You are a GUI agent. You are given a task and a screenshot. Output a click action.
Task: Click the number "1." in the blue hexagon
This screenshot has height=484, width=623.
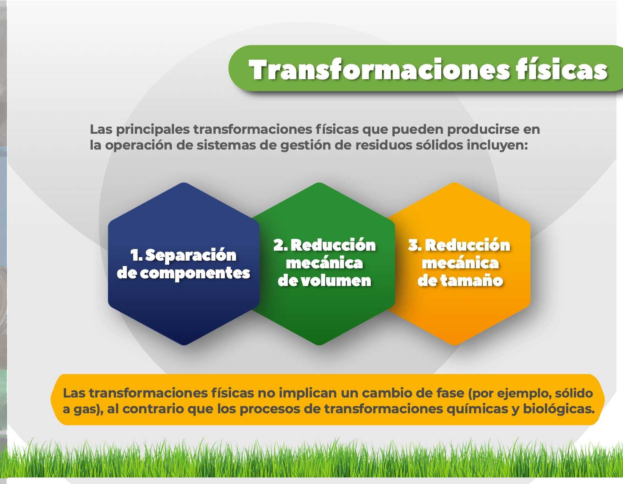pos(136,255)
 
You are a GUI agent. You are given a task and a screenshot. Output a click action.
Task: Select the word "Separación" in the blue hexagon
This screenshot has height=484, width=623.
pos(191,256)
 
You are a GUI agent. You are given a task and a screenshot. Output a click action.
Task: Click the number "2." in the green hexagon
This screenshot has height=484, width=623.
pos(280,245)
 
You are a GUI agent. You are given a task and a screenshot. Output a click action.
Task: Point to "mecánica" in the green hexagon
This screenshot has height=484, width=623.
pos(324,263)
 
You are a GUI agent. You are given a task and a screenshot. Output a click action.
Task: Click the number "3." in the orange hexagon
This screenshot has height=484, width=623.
pos(415,245)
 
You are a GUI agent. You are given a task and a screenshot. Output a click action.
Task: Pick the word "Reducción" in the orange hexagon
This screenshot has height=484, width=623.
pos(467,245)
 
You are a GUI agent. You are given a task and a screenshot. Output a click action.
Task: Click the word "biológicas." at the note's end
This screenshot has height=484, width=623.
pos(559,409)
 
